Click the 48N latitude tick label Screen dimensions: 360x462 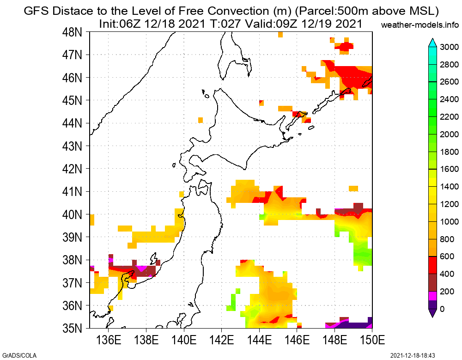pyautogui.click(x=73, y=32)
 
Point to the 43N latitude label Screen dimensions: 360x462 pyautogui.click(x=73, y=146)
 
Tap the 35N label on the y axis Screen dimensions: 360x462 pyautogui.click(x=73, y=329)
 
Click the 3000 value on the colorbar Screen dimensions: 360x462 pyautogui.click(x=449, y=47)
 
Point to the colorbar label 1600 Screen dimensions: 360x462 pyautogui.click(x=449, y=169)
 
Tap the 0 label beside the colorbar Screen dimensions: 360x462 pyautogui.click(x=443, y=309)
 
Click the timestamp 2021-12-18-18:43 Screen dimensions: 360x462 pyautogui.click(x=413, y=355)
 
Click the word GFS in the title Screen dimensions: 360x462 pyautogui.click(x=35, y=11)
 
